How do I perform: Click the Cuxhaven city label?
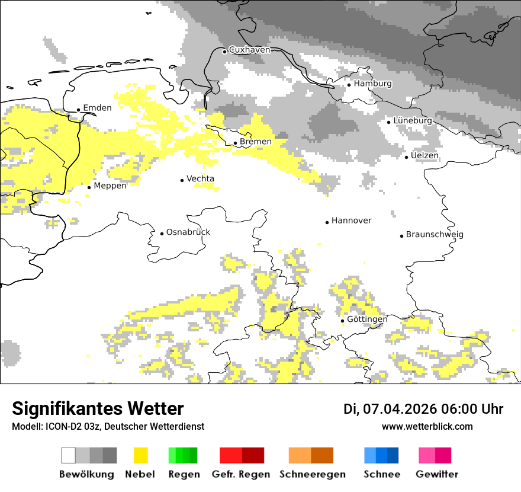(x=249, y=50)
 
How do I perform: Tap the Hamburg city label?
(x=372, y=84)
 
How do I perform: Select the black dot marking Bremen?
(x=235, y=143)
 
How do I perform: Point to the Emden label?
(x=97, y=108)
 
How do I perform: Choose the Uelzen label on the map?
(x=424, y=155)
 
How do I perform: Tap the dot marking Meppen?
(x=89, y=187)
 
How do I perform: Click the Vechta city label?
(x=200, y=178)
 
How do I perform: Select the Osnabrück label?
(x=188, y=232)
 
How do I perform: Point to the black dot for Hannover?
(x=327, y=222)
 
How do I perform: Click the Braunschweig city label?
(x=435, y=234)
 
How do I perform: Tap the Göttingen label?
(x=367, y=319)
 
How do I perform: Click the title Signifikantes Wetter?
(x=98, y=408)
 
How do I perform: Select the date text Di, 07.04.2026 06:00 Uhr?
(x=423, y=409)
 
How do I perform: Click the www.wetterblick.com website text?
(x=427, y=426)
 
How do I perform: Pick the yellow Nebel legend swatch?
(x=141, y=455)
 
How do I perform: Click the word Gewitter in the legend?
(x=436, y=474)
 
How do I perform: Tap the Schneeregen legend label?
(x=312, y=474)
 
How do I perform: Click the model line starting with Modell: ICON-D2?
(x=108, y=426)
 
